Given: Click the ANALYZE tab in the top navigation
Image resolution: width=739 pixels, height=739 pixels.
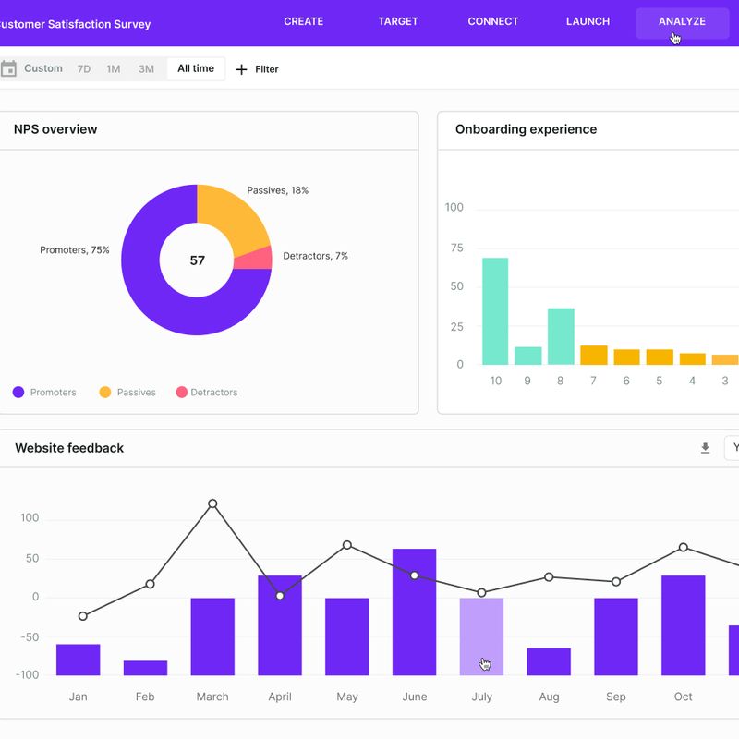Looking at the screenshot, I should pyautogui.click(x=682, y=21).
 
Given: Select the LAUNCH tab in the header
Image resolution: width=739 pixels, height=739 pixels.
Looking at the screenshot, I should pyautogui.click(x=588, y=21).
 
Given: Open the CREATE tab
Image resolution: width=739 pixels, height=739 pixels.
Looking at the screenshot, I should pyautogui.click(x=303, y=21).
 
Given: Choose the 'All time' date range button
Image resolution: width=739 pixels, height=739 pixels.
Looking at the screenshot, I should pyautogui.click(x=196, y=69).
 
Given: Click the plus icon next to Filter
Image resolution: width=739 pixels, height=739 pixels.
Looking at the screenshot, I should pyautogui.click(x=242, y=69).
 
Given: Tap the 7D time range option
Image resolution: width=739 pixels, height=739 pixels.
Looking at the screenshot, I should pyautogui.click(x=84, y=69).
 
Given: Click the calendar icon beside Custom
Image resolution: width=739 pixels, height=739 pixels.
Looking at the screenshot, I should pyautogui.click(x=9, y=69).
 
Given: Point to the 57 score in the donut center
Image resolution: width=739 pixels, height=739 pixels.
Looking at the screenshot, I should pyautogui.click(x=197, y=260).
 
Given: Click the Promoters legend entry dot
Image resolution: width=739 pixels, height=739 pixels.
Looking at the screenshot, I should pyautogui.click(x=18, y=393).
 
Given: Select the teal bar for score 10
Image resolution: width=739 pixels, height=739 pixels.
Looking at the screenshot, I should pyautogui.click(x=495, y=311).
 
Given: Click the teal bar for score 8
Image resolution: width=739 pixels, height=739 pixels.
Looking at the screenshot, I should pyautogui.click(x=561, y=336).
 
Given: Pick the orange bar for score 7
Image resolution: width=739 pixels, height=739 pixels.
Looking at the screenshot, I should pyautogui.click(x=593, y=356).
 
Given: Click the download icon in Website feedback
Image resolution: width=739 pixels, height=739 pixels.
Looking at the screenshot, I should pyautogui.click(x=705, y=448).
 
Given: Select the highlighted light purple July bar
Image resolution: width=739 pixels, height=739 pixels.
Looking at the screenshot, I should pyautogui.click(x=481, y=636).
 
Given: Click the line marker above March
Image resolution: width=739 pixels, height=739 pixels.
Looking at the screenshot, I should pyautogui.click(x=212, y=504).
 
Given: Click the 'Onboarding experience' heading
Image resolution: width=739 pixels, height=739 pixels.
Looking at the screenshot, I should pyautogui.click(x=526, y=129).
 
